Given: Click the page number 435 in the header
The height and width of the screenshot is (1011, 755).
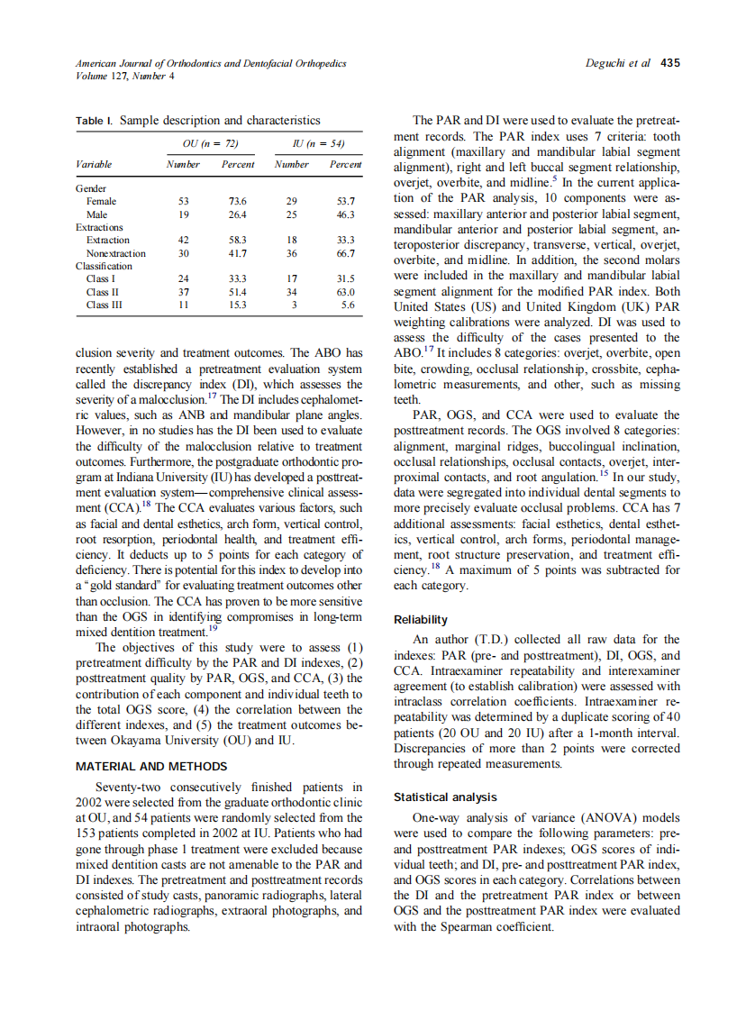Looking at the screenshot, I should click(x=670, y=64).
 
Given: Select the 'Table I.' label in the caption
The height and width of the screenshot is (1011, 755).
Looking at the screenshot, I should click(x=95, y=119).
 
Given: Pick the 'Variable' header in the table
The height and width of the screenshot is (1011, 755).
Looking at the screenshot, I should click(x=95, y=165).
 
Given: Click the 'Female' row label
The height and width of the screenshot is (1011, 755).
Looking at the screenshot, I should click(x=101, y=202).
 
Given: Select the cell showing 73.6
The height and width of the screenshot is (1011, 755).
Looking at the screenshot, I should click(x=238, y=202).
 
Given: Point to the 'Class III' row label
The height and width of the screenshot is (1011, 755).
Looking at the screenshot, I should click(x=104, y=305).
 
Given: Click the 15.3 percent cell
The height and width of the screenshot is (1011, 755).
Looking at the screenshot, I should click(x=238, y=305).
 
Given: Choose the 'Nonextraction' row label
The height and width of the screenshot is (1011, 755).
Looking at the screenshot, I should click(x=115, y=253).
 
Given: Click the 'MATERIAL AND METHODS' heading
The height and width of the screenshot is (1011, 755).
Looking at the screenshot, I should click(x=151, y=767).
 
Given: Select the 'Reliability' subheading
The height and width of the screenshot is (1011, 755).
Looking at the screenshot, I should click(x=421, y=620).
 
